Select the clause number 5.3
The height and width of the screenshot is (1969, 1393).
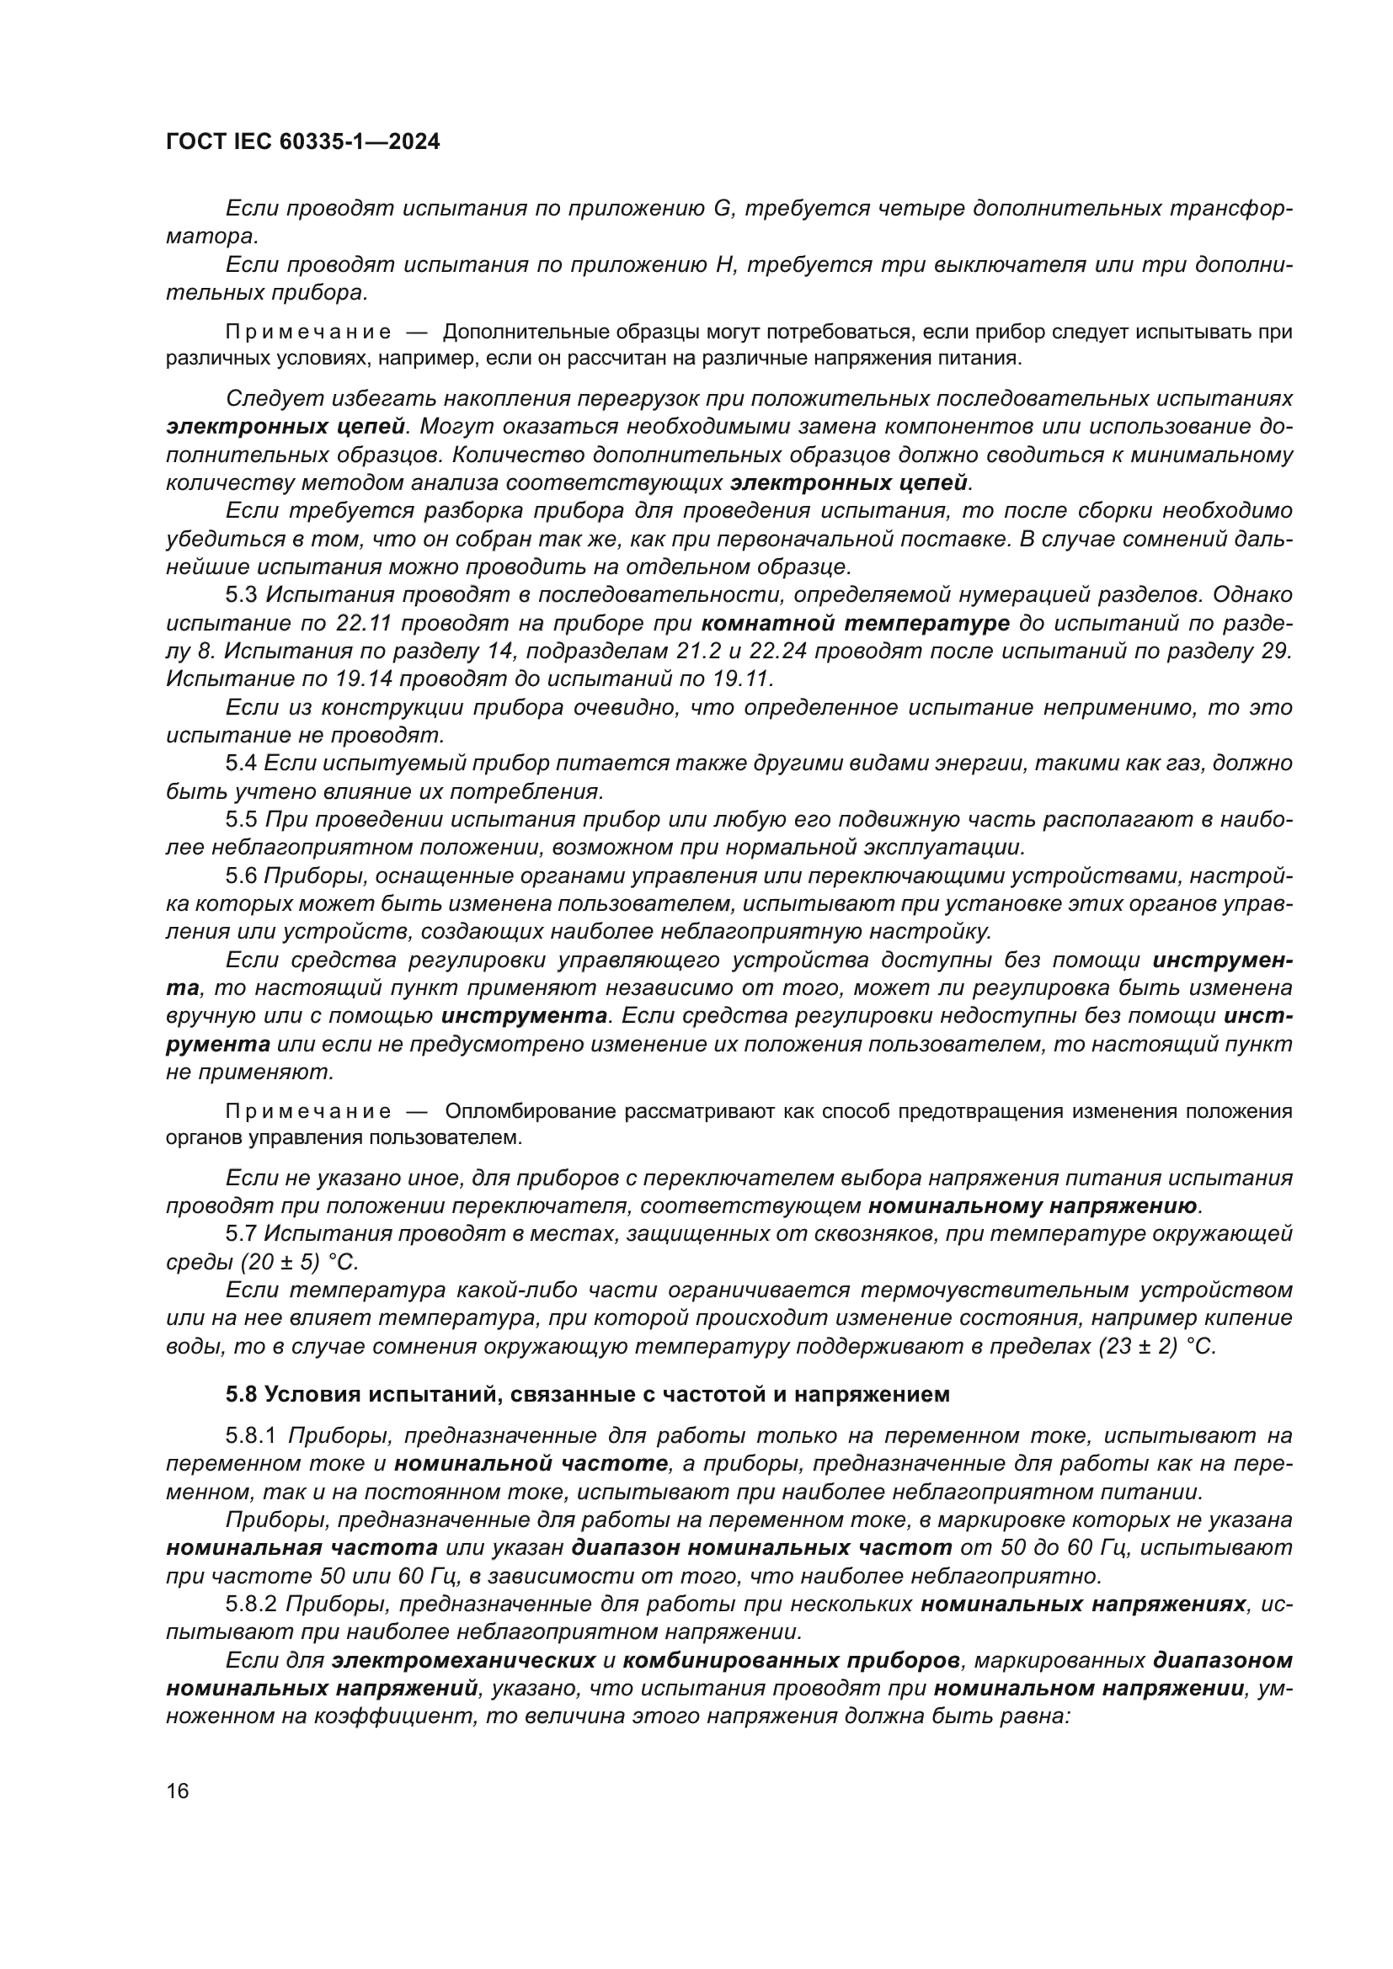(241, 595)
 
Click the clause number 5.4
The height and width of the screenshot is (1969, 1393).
(241, 764)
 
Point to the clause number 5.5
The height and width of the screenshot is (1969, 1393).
(241, 820)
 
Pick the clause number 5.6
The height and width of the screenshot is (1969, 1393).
(241, 875)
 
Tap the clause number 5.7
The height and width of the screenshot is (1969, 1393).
(241, 1234)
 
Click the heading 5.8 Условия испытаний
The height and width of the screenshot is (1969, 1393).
(588, 1394)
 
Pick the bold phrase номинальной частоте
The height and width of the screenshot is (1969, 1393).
(531, 1464)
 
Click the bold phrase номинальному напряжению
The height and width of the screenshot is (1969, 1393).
(1033, 1206)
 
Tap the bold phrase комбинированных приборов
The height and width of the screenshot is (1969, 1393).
(791, 1660)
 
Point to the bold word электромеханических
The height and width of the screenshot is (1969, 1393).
(464, 1660)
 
